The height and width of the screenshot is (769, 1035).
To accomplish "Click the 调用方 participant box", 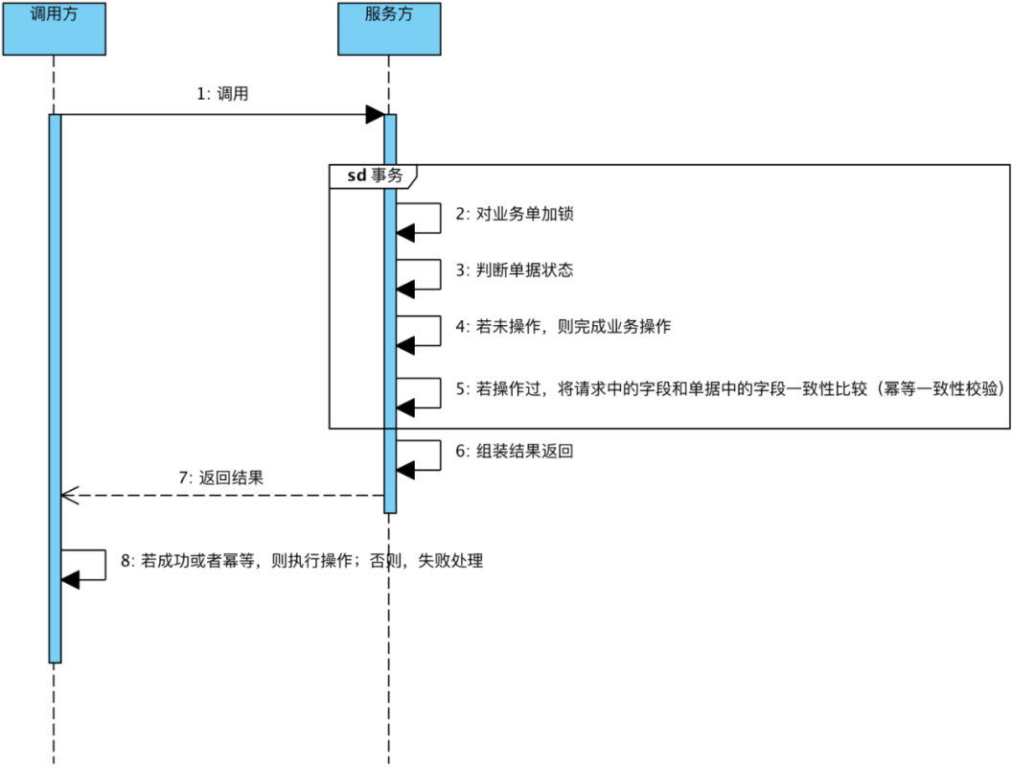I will coord(54,29).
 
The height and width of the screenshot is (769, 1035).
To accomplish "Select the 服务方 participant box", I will coord(389,29).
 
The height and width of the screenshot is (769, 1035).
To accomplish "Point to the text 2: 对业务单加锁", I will coord(515,214).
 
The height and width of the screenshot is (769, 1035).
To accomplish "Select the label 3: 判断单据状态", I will coord(515,270).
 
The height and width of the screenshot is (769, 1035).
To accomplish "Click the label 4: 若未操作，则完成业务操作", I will coord(563,326).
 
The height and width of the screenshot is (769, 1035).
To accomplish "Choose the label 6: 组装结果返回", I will coord(515,451).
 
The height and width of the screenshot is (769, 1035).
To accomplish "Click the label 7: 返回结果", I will coord(221,477).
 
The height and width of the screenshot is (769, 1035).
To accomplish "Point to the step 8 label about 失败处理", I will coord(302,561).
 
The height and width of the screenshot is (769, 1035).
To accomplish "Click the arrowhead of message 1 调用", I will coord(375,115).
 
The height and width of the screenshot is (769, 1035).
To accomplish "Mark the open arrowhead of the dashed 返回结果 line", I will coord(68,496).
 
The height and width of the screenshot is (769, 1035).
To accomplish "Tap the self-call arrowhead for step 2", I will coord(405,232).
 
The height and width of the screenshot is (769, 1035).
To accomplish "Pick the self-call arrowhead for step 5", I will coord(405,408).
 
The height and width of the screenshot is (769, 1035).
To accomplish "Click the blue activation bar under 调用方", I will coord(55,384).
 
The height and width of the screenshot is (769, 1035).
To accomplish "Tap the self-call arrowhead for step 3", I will coord(405,289).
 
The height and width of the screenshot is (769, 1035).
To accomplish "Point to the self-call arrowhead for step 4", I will coord(405,344).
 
